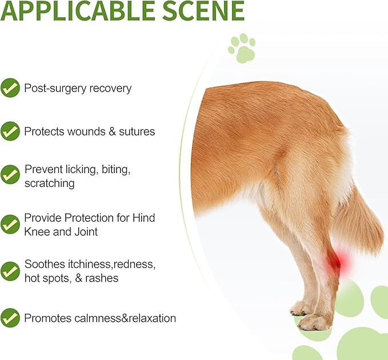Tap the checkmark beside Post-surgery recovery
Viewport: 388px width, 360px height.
(x=10, y=88)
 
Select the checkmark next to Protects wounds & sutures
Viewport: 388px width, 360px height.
(x=10, y=131)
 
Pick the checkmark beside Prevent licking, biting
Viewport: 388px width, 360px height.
(x=10, y=174)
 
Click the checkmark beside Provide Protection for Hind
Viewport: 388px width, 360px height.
(x=10, y=224)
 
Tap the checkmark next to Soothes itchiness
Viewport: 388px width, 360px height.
(x=10, y=271)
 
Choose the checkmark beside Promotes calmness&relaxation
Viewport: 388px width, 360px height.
(x=10, y=318)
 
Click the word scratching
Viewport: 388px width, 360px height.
(x=49, y=183)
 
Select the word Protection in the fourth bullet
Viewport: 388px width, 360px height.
(x=86, y=218)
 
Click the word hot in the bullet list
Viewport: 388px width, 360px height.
(x=33, y=278)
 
